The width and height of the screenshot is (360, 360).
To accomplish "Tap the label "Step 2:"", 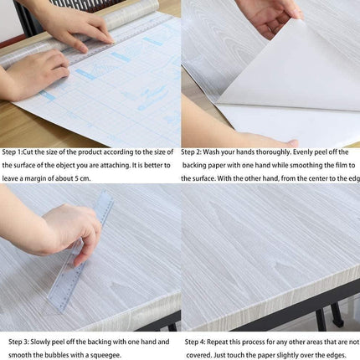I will pyautogui.click(x=193, y=152).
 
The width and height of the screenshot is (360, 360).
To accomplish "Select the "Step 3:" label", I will pyautogui.click(x=19, y=342).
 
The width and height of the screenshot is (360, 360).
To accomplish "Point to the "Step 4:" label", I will pyautogui.click(x=196, y=342).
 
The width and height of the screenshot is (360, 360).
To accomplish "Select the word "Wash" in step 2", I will pyautogui.click(x=216, y=152).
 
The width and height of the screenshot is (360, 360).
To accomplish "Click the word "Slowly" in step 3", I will pyautogui.click(x=47, y=342).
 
